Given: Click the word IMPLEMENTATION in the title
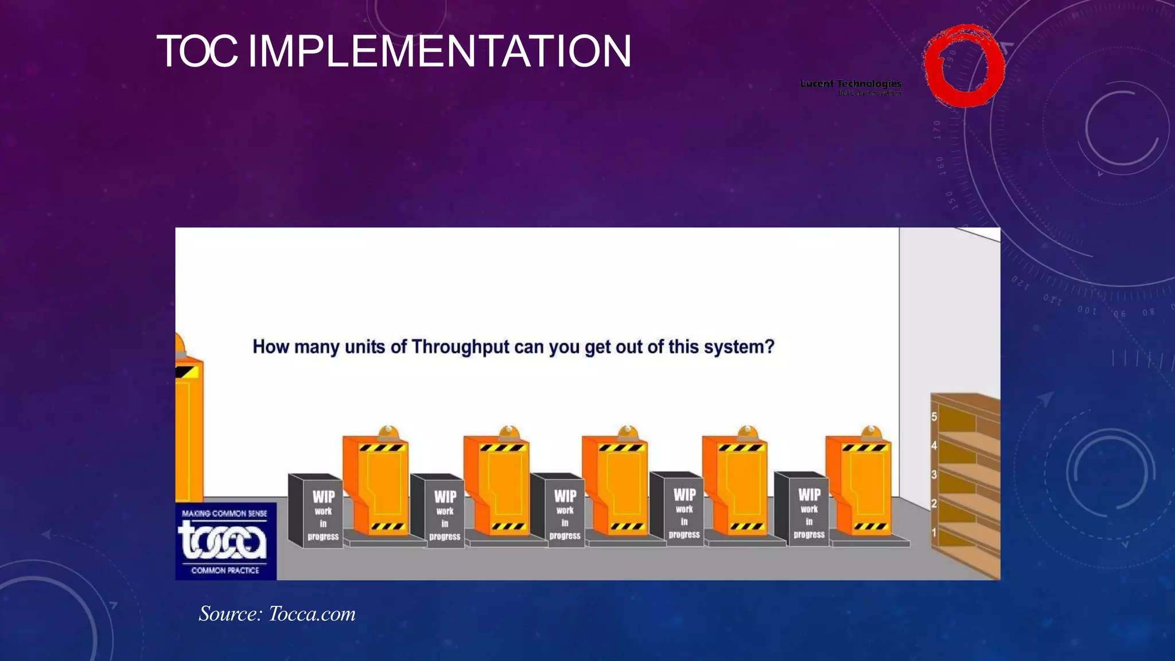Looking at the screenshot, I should click(439, 52).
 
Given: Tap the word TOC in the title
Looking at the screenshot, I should click(196, 52).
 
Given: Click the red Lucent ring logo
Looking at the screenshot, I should click(964, 65).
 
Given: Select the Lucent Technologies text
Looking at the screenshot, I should click(851, 84).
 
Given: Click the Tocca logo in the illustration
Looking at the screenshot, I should click(225, 541).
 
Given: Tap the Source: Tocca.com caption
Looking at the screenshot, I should click(277, 614).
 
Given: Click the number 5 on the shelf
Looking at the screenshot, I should click(934, 417).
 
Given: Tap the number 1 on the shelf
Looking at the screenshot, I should click(934, 532).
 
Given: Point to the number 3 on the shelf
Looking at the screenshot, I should click(934, 475).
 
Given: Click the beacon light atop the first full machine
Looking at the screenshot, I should click(388, 433).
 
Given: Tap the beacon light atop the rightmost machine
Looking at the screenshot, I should click(871, 433).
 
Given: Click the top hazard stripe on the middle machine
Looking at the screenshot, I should click(621, 448).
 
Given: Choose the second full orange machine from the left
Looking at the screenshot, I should click(497, 488).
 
